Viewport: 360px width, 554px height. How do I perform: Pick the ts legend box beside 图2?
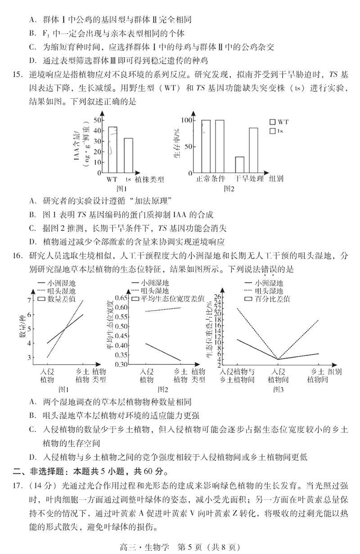pyautogui.click(x=272, y=131)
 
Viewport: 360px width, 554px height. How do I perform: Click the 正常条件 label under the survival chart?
pyautogui.click(x=210, y=179)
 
